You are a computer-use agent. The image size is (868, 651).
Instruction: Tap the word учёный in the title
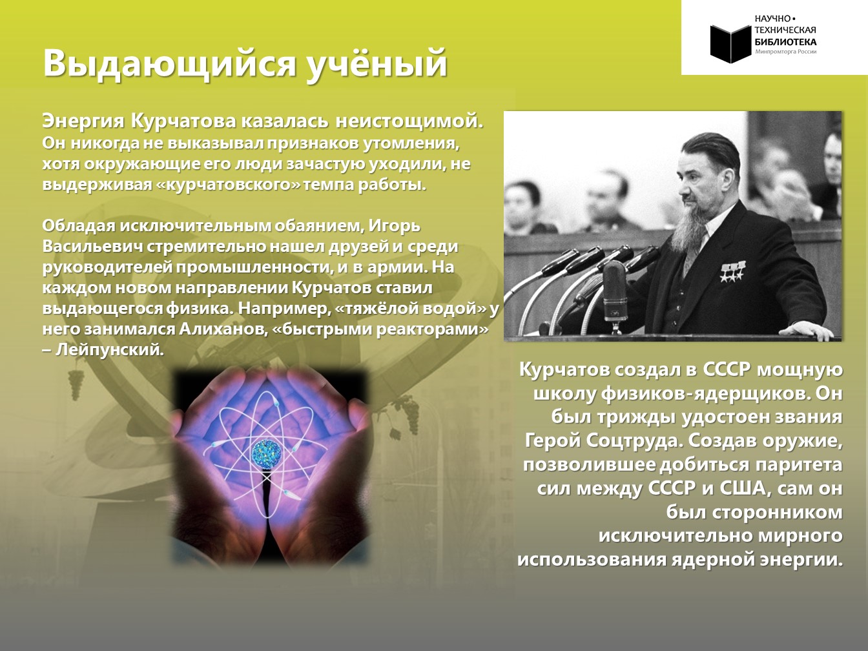click(378, 64)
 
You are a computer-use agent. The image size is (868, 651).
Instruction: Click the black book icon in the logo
click(730, 43)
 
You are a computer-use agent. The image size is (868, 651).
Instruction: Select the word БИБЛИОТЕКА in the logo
click(785, 42)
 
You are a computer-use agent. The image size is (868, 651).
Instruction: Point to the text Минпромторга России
click(785, 52)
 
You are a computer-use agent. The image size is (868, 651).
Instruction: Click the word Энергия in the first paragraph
click(83, 121)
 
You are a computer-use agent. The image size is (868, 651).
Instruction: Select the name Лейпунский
click(109, 350)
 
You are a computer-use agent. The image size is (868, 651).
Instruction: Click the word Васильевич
click(92, 247)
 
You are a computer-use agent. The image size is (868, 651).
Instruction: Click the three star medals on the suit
click(732, 273)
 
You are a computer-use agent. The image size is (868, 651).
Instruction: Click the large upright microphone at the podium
click(615, 292)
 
